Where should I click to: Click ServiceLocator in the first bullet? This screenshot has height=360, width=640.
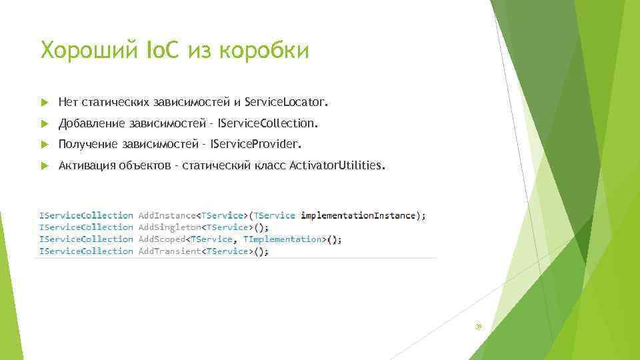287,103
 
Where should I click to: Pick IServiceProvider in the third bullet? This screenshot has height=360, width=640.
256,144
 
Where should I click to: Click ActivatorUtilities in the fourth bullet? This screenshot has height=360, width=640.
337,165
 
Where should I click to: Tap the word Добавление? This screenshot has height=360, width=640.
91,123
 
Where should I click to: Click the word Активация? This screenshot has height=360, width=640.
87,165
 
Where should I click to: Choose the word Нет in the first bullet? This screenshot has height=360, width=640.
68,103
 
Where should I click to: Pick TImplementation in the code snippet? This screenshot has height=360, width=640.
282,239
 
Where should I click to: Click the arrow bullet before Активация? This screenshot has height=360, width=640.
45,165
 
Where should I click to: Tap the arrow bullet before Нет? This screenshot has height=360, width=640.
45,103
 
